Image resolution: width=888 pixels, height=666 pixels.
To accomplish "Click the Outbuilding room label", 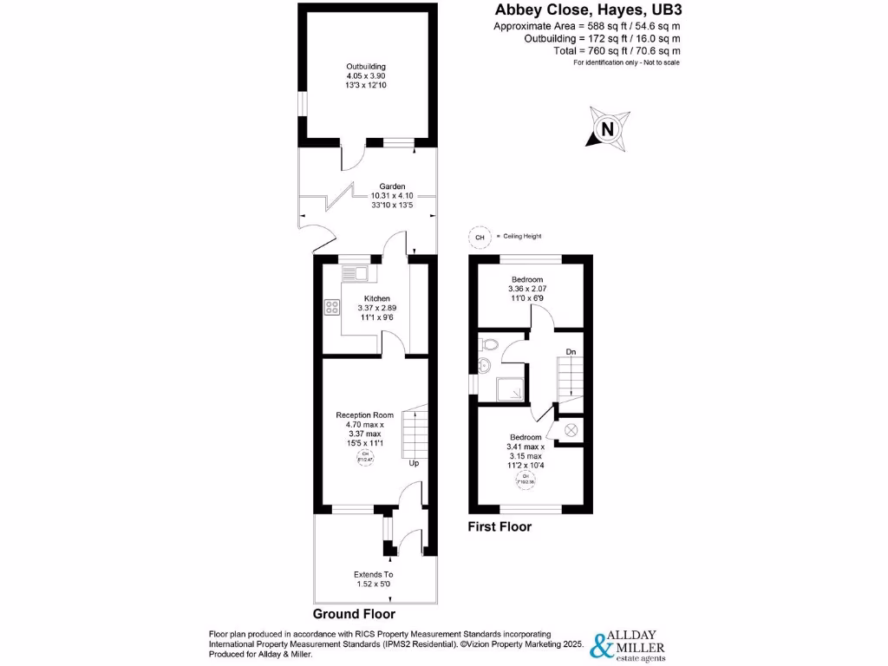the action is click(x=365, y=67).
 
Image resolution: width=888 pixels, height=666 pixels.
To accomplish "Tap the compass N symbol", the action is click(x=606, y=131).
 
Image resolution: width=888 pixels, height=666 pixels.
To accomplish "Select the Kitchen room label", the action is click(x=376, y=298).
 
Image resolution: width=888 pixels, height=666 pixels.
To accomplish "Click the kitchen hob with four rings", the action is click(x=331, y=306).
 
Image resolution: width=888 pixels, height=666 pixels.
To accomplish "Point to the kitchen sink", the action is click(x=356, y=274).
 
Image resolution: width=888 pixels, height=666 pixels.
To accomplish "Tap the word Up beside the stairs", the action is click(x=415, y=463).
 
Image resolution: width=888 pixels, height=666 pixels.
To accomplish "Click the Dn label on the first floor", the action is click(x=570, y=351).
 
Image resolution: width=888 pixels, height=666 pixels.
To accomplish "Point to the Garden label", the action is click(x=388, y=186).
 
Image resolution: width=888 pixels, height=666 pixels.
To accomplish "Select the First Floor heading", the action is click(x=499, y=526).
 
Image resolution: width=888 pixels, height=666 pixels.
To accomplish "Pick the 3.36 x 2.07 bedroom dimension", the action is click(x=526, y=288).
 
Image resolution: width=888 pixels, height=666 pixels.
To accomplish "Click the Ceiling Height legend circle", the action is click(x=477, y=236).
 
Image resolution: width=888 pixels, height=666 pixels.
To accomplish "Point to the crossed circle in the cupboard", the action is click(x=571, y=429).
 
